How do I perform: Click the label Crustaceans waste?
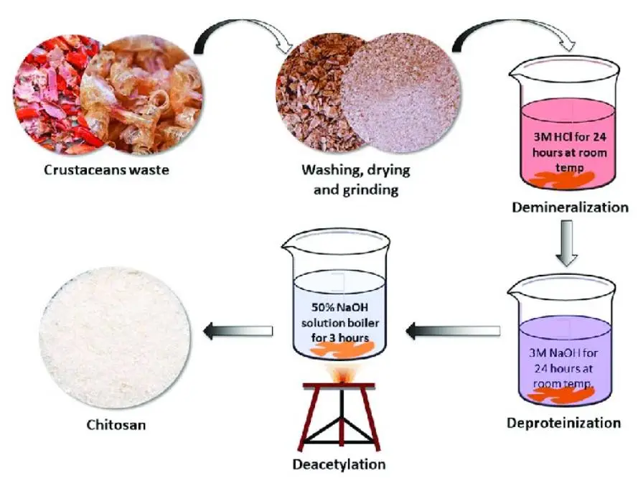(x=106, y=169)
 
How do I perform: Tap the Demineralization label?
(x=570, y=207)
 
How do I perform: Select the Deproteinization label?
(x=563, y=423)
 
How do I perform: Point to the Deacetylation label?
(x=339, y=464)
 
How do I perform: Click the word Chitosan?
(x=116, y=425)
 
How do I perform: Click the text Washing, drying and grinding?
(x=356, y=179)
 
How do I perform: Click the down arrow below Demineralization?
(x=566, y=243)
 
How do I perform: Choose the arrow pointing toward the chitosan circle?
(x=238, y=331)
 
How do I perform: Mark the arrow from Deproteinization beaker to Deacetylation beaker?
(x=453, y=330)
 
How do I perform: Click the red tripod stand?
(x=342, y=416)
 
